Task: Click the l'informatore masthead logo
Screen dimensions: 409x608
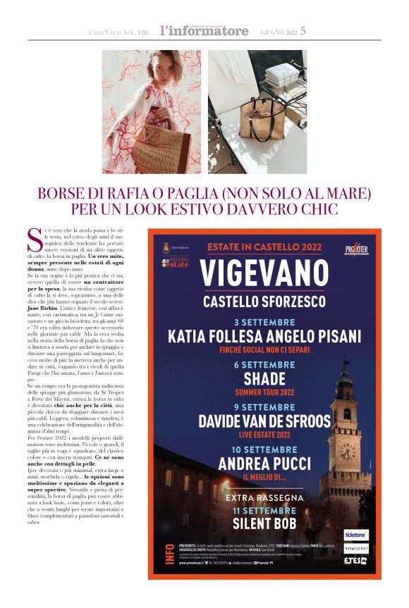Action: click(x=204, y=31)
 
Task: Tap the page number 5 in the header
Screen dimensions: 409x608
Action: click(x=303, y=31)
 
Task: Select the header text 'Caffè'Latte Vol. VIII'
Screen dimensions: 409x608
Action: click(x=120, y=32)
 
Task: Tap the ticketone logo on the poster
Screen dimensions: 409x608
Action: click(x=355, y=535)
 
